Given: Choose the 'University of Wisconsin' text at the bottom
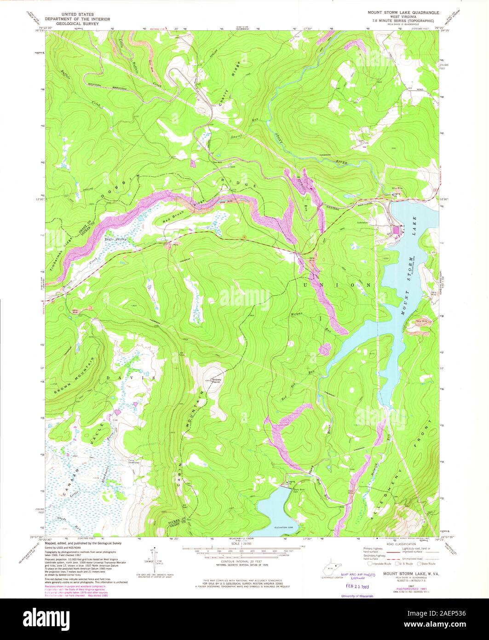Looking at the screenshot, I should coord(357,596).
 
